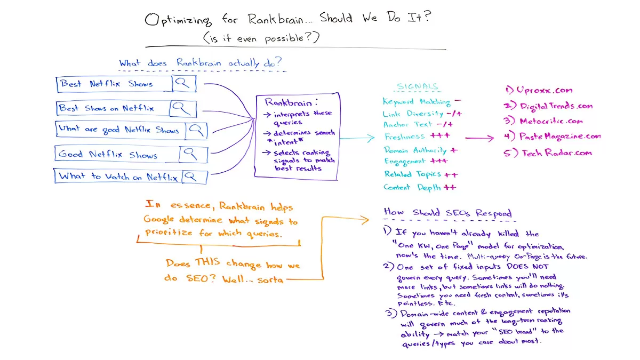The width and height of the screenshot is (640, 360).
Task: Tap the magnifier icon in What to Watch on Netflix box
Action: point(194,176)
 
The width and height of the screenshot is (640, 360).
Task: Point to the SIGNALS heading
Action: point(418,86)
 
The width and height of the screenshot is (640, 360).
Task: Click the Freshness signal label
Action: point(404,137)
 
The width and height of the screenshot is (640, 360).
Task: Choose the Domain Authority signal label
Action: point(416,150)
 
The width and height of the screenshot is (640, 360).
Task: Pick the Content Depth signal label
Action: point(412,187)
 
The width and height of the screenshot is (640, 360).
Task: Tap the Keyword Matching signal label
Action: point(417,101)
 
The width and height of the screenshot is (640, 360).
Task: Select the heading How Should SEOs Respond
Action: point(447,212)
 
